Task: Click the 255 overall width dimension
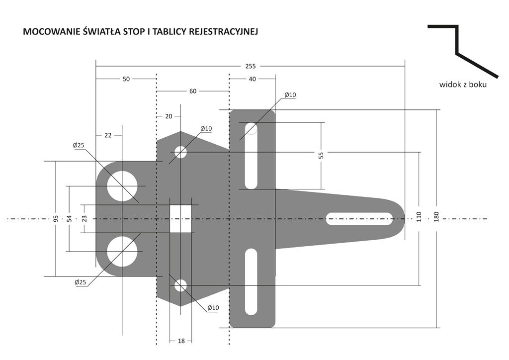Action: pos(250,66)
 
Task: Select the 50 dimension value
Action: pos(126,79)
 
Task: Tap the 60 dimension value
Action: pos(193,91)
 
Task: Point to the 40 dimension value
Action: pos(252,79)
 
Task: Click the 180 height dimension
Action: pos(437,218)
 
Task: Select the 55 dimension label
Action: pos(321,155)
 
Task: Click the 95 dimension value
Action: pos(56,218)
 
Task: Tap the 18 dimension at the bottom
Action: pos(181,341)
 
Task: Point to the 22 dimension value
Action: pos(108,135)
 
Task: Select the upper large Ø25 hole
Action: pos(122,186)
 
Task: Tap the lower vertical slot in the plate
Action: pos(252,281)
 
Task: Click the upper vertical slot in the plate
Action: pos(252,155)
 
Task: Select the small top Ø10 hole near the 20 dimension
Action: pos(180,152)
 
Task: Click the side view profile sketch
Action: pos(462,50)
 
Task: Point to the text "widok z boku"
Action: pos(462,85)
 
